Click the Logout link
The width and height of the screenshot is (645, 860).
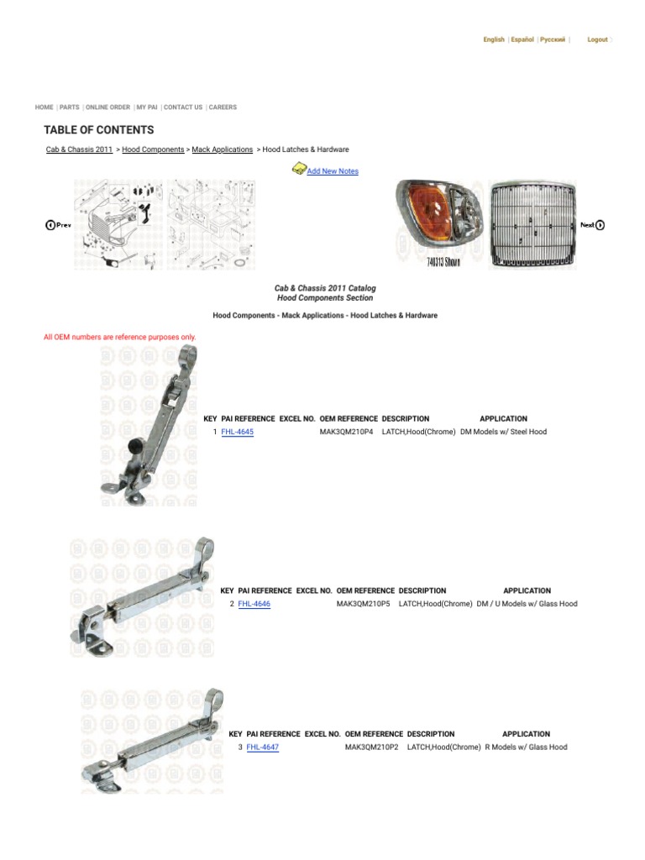tap(597, 39)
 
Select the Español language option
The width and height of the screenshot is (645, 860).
tap(522, 39)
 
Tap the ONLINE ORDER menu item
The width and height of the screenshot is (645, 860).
tap(108, 107)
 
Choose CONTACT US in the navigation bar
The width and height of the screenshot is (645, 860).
tap(183, 107)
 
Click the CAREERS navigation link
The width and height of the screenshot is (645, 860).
tap(223, 107)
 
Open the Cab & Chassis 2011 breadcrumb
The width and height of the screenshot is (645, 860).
tap(79, 149)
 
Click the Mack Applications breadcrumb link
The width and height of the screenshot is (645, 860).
tap(222, 149)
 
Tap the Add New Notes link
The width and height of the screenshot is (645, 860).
tap(333, 171)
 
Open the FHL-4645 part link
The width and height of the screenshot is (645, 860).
tap(237, 432)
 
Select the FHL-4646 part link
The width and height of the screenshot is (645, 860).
tap(254, 604)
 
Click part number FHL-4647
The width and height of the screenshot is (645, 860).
tap(262, 747)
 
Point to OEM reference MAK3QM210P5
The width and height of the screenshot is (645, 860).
tap(363, 604)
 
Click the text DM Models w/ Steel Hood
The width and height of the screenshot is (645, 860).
tap(503, 432)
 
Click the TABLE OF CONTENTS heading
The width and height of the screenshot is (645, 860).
tap(99, 130)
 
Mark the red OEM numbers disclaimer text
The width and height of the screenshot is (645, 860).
tap(120, 337)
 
